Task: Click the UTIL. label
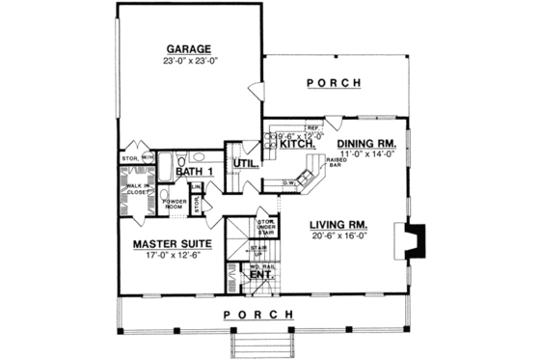click(x=244, y=165)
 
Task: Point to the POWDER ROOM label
click(x=174, y=204)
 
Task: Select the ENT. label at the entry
click(x=259, y=275)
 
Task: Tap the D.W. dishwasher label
click(x=288, y=181)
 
